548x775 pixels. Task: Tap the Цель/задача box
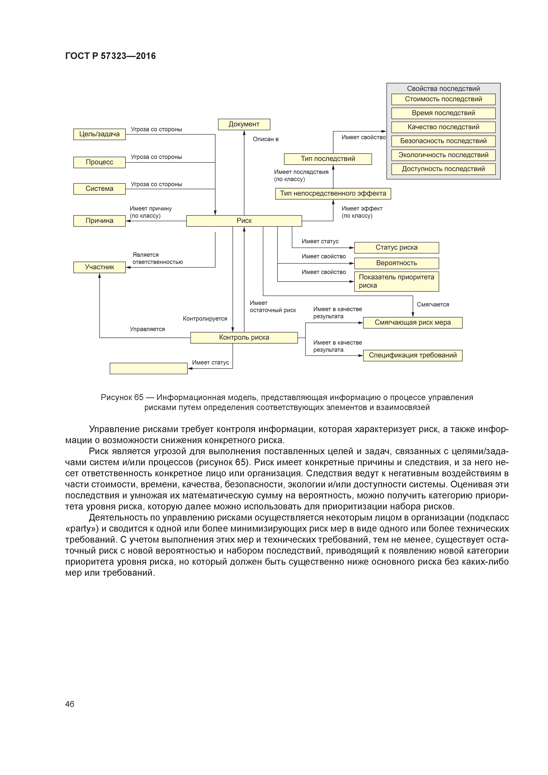pos(99,134)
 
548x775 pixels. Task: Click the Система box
pos(99,189)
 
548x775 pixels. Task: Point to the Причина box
pos(99,221)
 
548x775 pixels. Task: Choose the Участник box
pos(99,267)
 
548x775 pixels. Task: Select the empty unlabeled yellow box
pos(148,368)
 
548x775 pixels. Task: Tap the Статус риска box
pos(396,247)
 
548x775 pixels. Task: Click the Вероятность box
pos(396,263)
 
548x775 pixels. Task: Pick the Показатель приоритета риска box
pos(396,281)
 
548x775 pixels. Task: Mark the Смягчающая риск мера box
pos(413,322)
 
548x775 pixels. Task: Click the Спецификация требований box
pos(413,355)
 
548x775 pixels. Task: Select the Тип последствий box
pos(328,159)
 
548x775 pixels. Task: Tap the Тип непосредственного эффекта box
pos(333,193)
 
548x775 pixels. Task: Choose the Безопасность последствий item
pos(443,141)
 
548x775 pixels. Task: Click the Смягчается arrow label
pos(433,304)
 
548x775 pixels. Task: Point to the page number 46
pos(70,704)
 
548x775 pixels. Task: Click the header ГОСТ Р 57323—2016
pos(110,56)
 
